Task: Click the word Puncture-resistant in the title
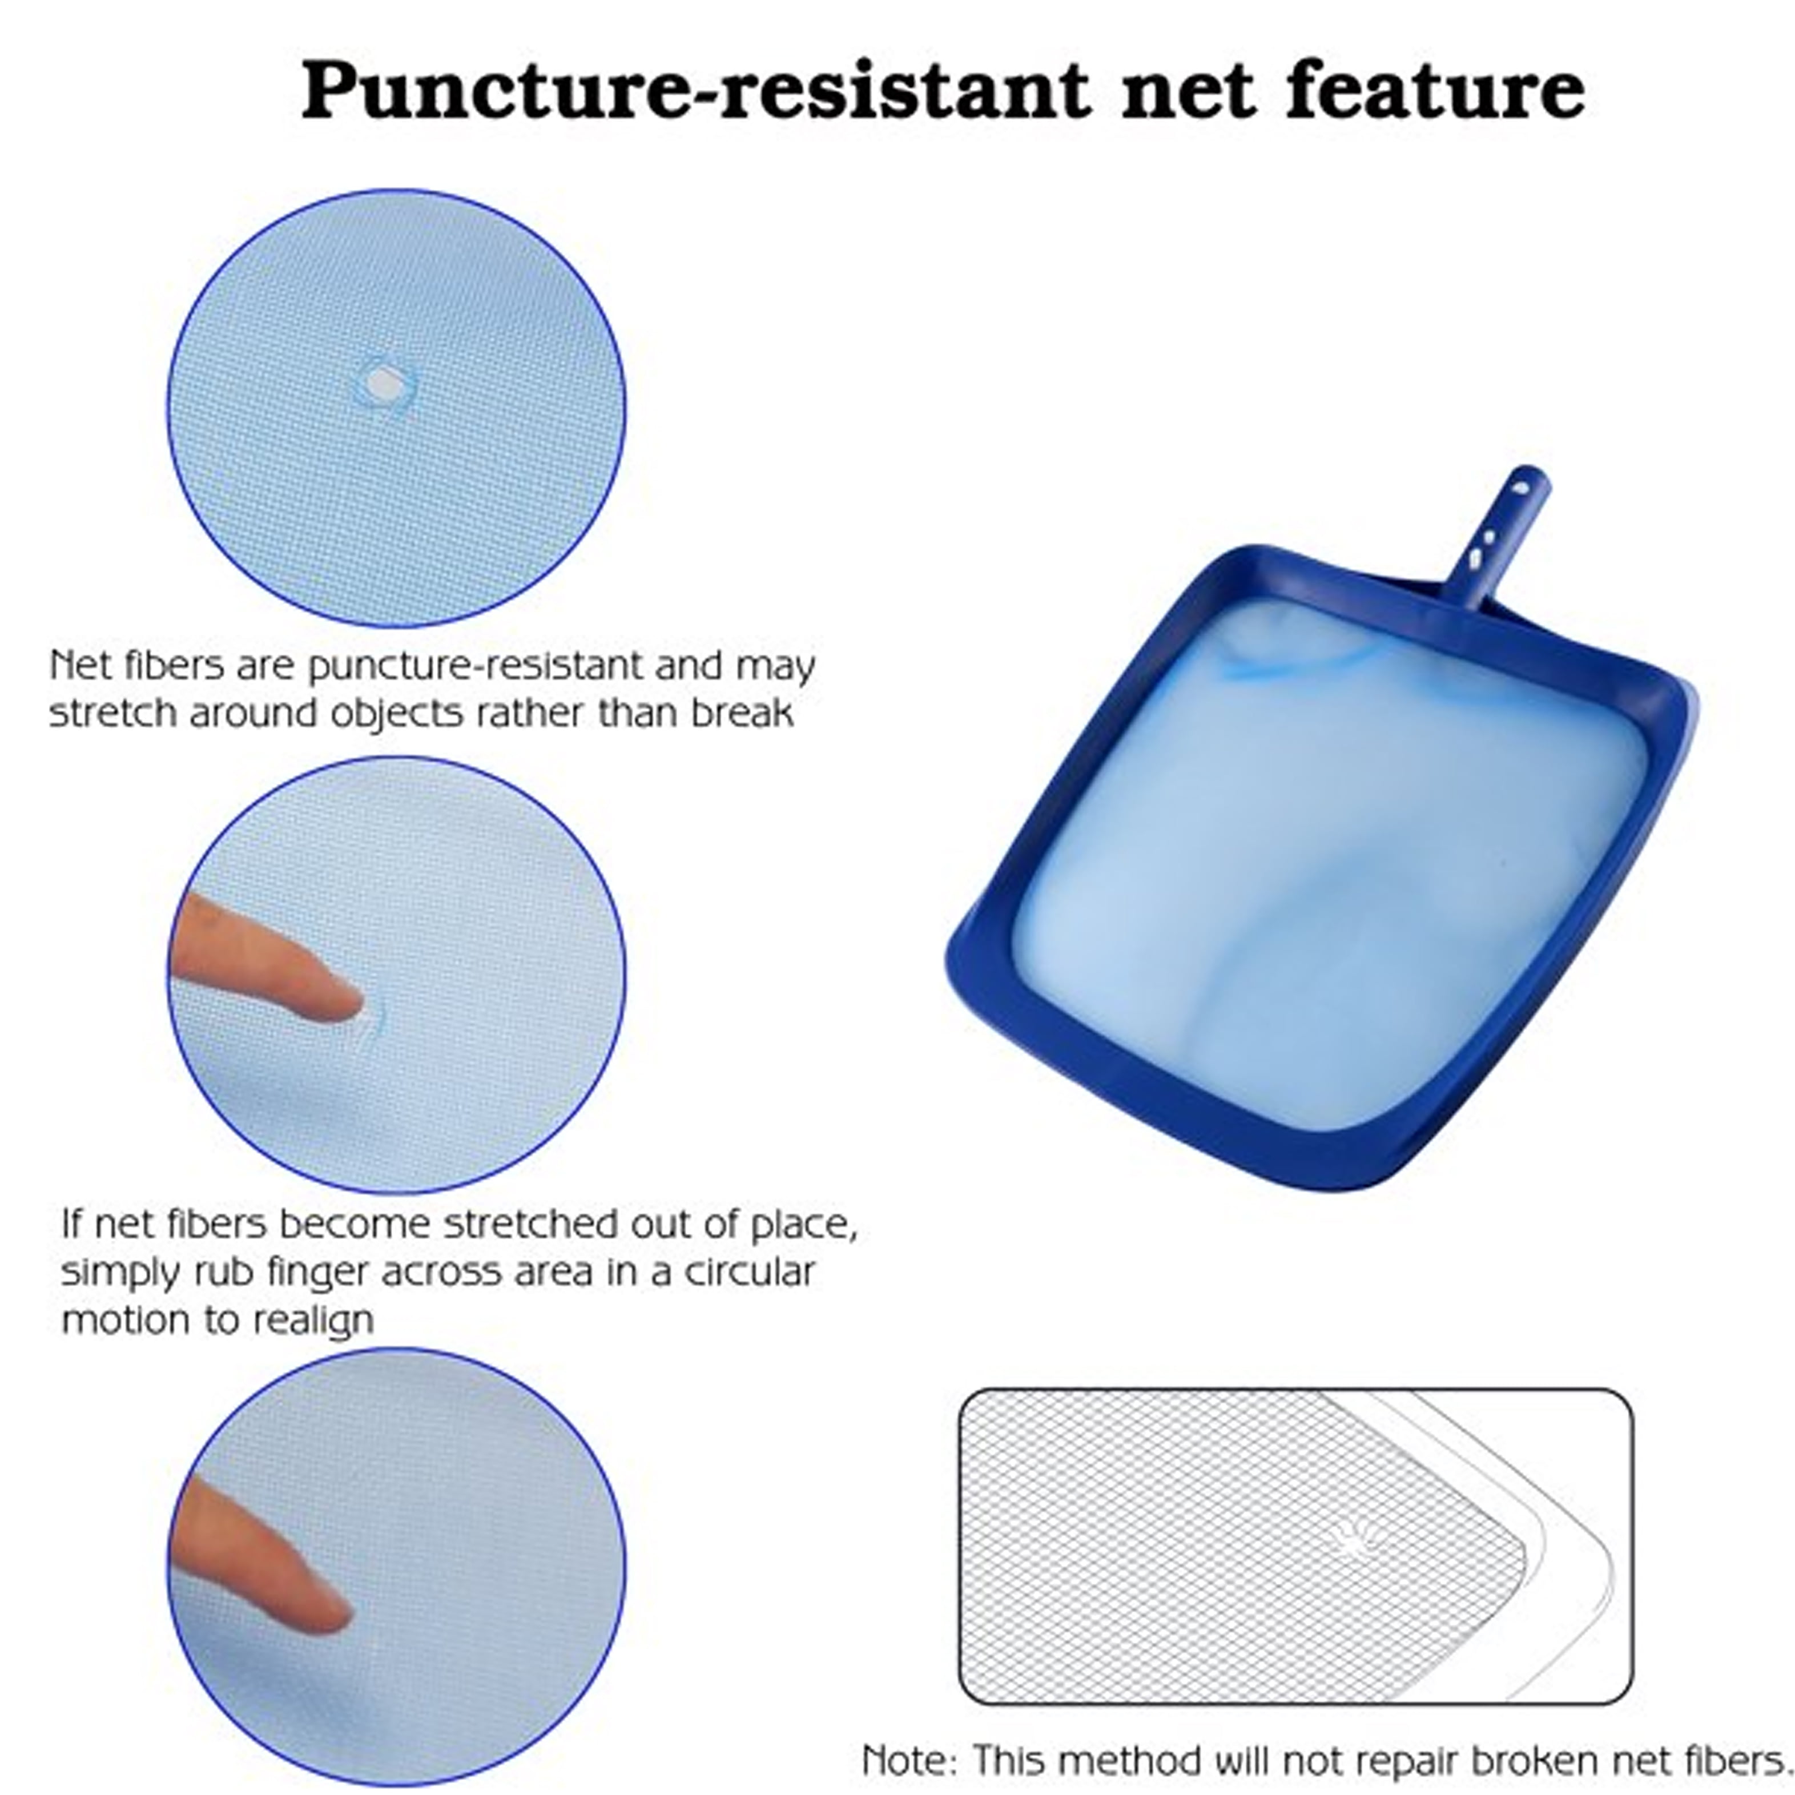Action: (x=697, y=91)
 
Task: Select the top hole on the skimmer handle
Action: (x=1520, y=487)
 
